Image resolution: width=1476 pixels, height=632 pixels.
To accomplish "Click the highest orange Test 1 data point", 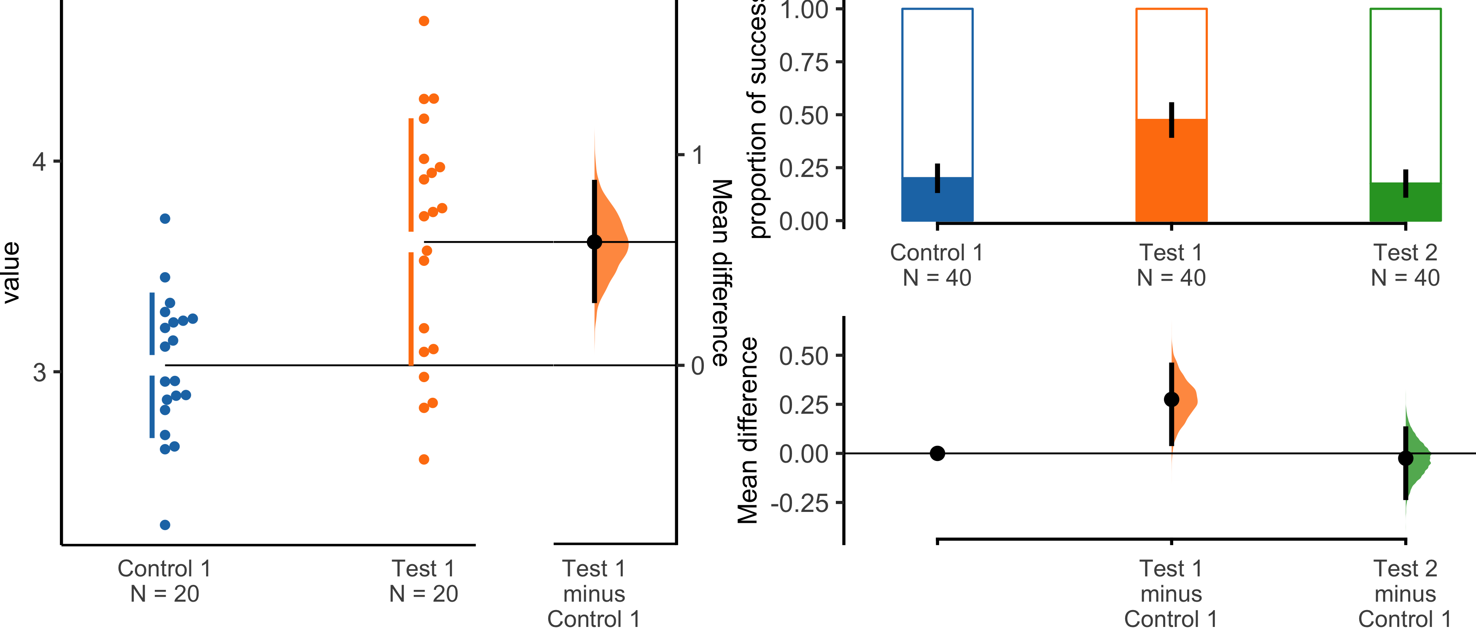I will tap(424, 21).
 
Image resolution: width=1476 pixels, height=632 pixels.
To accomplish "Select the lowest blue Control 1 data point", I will tap(165, 525).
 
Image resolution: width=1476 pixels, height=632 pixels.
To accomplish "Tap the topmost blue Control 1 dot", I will tap(165, 219).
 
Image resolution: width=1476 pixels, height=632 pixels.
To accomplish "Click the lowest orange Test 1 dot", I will tap(424, 460).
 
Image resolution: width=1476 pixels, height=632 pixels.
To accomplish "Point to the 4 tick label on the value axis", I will tap(38, 161).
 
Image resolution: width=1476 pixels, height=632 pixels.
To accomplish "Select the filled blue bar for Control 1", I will tap(937, 199).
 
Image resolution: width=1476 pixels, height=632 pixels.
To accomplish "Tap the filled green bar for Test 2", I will tap(1405, 202).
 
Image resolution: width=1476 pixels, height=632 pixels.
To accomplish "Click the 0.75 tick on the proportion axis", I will tap(803, 62).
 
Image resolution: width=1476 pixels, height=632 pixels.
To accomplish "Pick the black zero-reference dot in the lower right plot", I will tap(937, 453).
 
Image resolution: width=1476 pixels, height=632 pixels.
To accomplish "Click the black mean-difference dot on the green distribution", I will tap(1406, 458).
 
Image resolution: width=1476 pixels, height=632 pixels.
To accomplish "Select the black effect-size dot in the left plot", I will tap(595, 242).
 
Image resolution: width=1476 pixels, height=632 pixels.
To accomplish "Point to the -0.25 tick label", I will tap(799, 503).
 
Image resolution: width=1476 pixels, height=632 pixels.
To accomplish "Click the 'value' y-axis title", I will tap(11, 272).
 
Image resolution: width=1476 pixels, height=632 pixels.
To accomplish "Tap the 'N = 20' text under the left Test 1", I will tap(423, 594).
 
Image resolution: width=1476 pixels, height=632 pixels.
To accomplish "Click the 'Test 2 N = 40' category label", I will tap(1405, 265).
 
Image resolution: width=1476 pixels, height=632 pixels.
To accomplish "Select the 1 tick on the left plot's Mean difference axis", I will tap(697, 155).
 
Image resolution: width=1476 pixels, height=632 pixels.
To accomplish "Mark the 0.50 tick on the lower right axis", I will tap(803, 356).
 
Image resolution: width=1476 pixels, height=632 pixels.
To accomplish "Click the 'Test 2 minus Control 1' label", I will tap(1405, 594).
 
